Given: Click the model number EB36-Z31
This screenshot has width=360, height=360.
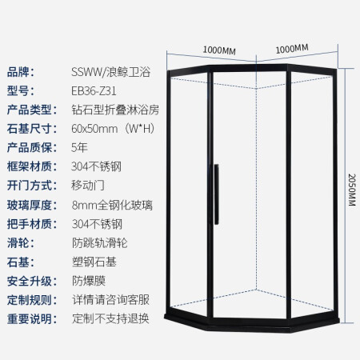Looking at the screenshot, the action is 94,91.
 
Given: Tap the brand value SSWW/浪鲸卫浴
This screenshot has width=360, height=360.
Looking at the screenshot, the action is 110,72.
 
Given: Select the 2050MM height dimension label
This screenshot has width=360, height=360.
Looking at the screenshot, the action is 352,190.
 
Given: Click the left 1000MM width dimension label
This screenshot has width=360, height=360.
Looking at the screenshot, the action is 219,50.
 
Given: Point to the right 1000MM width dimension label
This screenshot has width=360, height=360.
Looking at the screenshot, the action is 292,49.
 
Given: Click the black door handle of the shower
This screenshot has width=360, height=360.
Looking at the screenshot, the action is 216,194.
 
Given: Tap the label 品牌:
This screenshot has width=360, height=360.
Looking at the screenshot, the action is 21,72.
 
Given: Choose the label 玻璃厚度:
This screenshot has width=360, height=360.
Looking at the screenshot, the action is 32,205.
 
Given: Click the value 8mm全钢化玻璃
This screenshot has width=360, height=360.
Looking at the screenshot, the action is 112,205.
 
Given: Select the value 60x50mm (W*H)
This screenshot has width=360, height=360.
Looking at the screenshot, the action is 113,129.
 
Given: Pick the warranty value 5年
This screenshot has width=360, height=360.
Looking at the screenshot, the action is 79,147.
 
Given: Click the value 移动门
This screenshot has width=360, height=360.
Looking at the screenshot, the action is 88,186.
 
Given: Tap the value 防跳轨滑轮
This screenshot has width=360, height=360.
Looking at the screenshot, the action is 100,243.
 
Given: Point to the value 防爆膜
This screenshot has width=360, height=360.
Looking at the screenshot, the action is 89,281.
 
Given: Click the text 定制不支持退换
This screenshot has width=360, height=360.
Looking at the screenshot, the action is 110,318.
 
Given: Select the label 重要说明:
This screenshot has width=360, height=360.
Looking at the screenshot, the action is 32,319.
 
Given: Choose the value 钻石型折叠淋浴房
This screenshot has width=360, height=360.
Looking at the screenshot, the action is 115,110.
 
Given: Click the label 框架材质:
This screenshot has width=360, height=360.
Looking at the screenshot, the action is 32,166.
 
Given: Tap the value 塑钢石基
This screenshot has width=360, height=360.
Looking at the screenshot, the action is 94,262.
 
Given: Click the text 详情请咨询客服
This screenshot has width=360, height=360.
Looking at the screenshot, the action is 110,300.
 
